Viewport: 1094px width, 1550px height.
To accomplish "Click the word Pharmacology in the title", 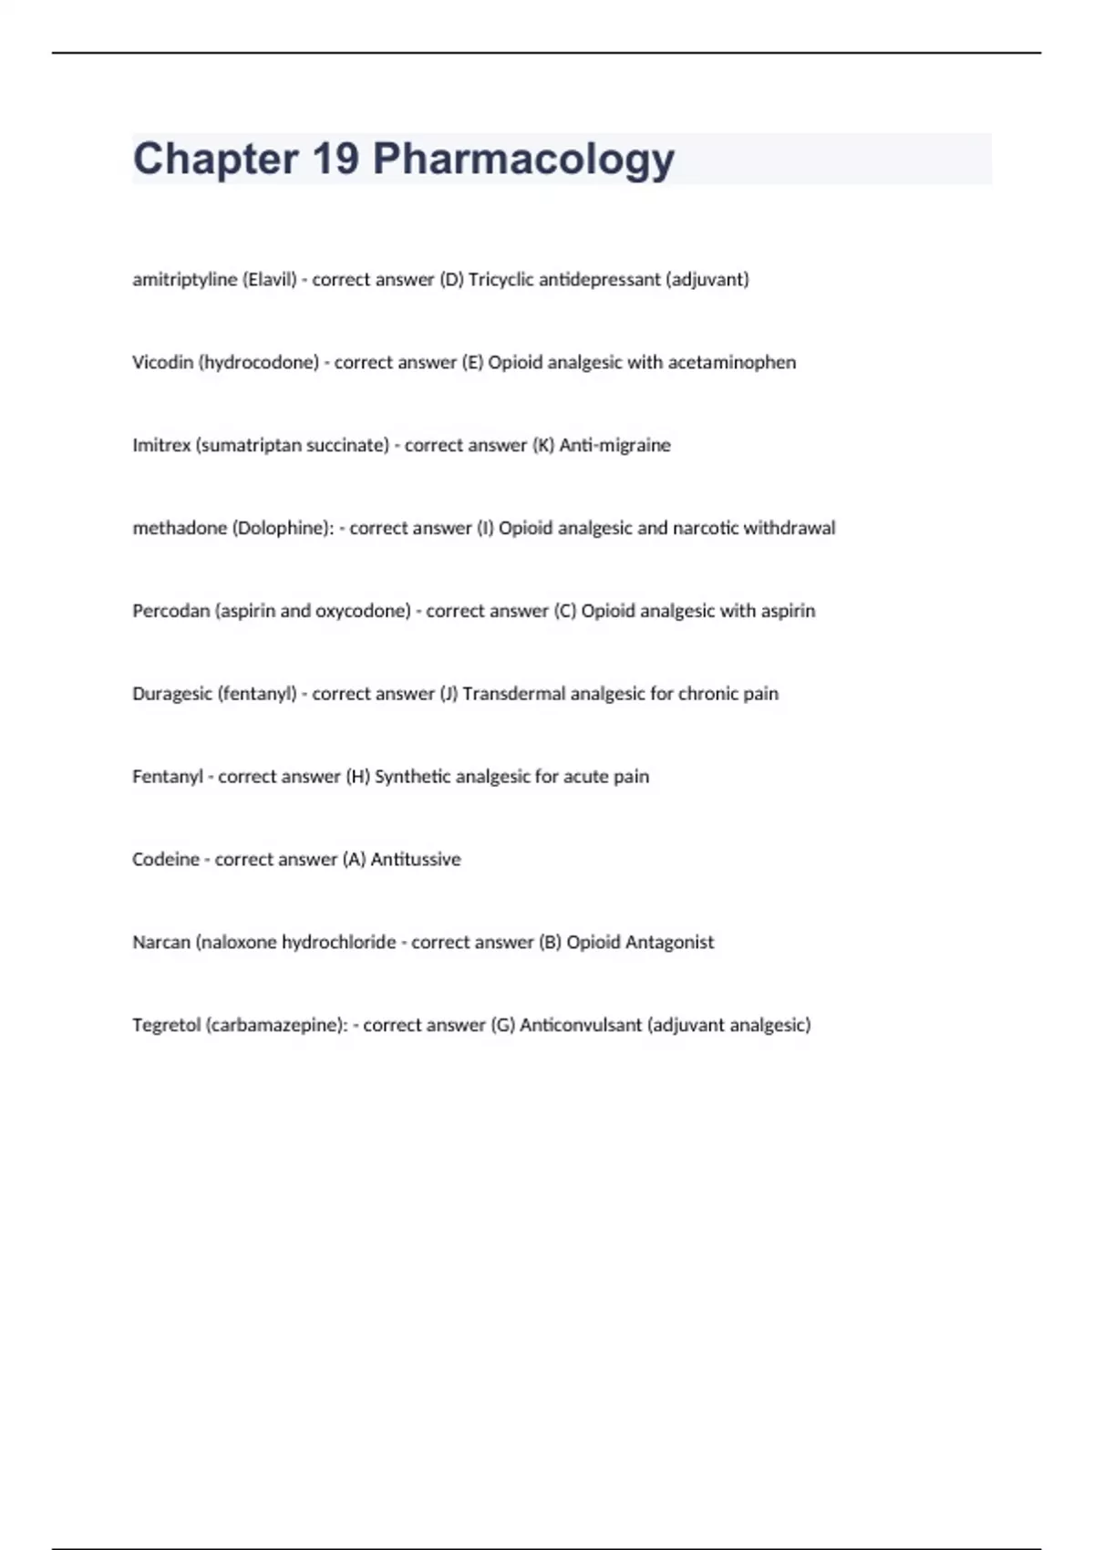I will [523, 160].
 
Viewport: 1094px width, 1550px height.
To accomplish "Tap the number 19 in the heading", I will [335, 159].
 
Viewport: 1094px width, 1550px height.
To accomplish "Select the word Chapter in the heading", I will [216, 159].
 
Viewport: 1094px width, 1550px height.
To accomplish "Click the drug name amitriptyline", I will [184, 280].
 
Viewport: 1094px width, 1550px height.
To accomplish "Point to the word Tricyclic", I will [501, 280].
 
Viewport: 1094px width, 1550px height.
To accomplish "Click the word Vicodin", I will [162, 363].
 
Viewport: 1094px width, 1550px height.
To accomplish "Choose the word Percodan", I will [170, 611].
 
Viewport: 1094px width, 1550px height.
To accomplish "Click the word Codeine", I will [165, 860].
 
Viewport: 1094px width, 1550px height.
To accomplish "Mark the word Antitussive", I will [416, 860].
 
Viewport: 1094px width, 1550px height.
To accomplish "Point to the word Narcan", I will [161, 943].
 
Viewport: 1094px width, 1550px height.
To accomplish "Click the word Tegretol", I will [166, 1026].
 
